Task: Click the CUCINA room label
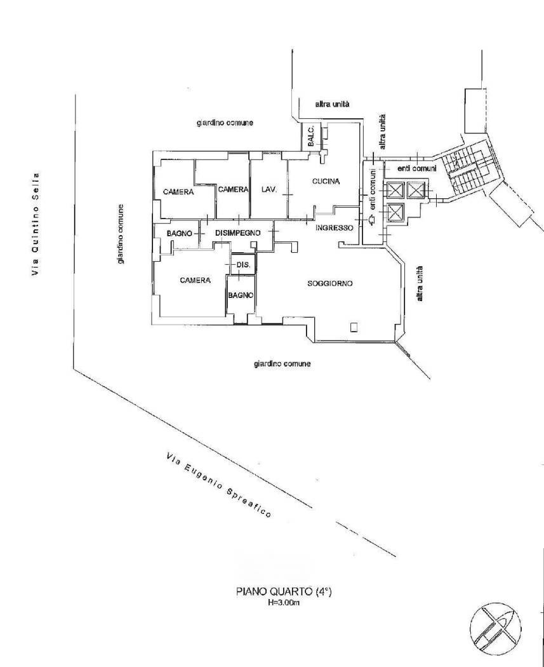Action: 326,181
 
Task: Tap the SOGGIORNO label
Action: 330,283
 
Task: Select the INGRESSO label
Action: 334,228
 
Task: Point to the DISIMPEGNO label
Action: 237,233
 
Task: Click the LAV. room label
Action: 269,190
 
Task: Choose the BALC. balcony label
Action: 311,136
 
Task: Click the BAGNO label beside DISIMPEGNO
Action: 180,234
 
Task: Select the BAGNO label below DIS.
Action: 241,295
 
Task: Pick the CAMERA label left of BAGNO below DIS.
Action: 195,280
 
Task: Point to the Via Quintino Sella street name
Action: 36,224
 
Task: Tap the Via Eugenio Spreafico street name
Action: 218,485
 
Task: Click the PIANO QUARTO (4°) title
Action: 284,591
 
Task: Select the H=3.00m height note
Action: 284,602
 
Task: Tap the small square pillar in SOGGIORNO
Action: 354,327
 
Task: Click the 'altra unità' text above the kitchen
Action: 332,104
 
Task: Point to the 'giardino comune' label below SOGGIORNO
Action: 282,364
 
